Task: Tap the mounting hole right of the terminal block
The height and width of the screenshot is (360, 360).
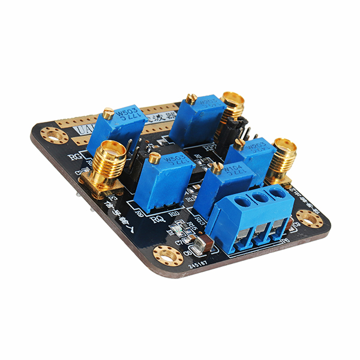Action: [x=310, y=219]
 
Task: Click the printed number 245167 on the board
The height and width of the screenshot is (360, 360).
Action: [x=199, y=262]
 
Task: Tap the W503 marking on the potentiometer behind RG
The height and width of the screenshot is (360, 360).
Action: [x=127, y=114]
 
